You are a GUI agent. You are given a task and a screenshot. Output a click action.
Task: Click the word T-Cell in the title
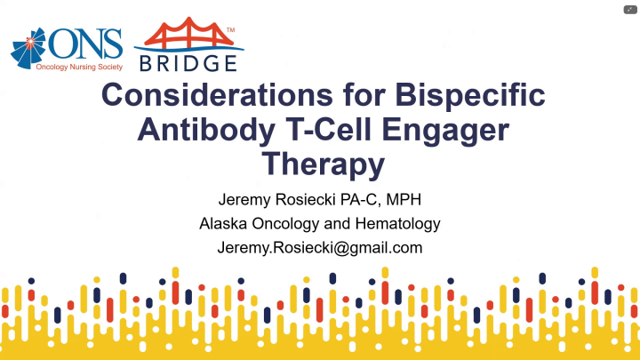340,130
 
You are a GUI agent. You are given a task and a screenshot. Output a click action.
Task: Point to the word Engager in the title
456,130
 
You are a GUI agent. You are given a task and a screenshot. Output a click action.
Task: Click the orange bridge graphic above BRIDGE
188,35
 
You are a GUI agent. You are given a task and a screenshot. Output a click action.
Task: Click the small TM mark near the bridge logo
231,30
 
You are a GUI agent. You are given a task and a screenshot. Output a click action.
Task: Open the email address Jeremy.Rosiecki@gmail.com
320,248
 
